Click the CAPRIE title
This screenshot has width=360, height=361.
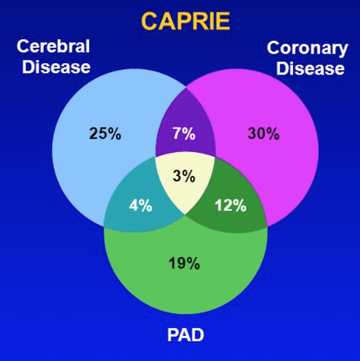(x=186, y=21)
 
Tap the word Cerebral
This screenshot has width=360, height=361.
(x=53, y=46)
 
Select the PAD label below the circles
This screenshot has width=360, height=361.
(x=186, y=335)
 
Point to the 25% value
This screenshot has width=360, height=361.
(x=105, y=134)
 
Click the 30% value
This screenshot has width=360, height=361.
(x=263, y=134)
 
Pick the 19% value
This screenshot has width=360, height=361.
(x=184, y=263)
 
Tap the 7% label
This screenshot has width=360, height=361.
(x=184, y=134)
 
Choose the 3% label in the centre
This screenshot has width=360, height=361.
(x=184, y=176)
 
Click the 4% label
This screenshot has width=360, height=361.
(x=140, y=205)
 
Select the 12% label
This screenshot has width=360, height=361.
(x=231, y=205)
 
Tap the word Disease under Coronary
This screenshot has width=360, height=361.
(x=311, y=68)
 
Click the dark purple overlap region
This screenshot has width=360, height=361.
(x=186, y=129)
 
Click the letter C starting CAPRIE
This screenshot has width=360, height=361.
(x=150, y=21)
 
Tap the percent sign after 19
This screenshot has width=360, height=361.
(x=193, y=263)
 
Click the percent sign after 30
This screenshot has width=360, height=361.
(x=272, y=134)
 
